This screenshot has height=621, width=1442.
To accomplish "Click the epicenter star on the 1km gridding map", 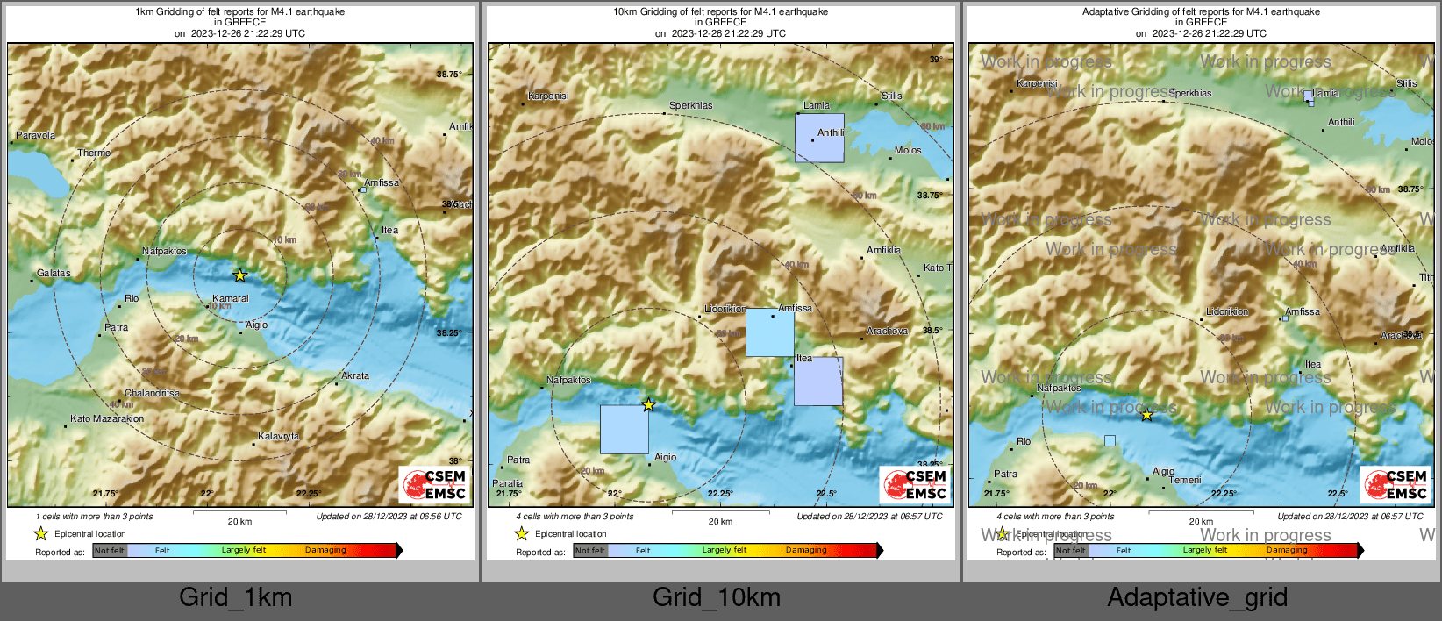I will pyautogui.click(x=239, y=275).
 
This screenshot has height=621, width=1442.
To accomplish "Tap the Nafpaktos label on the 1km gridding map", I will pyautogui.click(x=164, y=251).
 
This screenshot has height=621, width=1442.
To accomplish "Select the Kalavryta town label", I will pyautogui.click(x=278, y=436).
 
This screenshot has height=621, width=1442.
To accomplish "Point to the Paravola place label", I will pyautogui.click(x=36, y=135).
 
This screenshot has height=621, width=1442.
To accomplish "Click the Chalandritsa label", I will pyautogui.click(x=152, y=393).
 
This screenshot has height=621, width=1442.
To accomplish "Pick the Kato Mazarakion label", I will pyautogui.click(x=107, y=418).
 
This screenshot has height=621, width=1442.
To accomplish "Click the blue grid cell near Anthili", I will pyautogui.click(x=819, y=138).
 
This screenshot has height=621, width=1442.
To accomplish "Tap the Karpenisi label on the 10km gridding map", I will pyautogui.click(x=548, y=96).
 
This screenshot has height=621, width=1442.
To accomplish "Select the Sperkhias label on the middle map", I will pyautogui.click(x=691, y=105).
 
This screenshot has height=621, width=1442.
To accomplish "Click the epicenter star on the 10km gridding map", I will pyautogui.click(x=648, y=404).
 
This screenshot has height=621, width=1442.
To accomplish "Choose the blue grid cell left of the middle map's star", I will pyautogui.click(x=624, y=429).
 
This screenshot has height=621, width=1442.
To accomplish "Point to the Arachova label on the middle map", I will pyautogui.click(x=887, y=331).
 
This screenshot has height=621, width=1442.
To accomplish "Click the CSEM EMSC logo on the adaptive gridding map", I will pyautogui.click(x=1395, y=484).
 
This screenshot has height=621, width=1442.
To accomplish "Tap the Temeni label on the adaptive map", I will pyautogui.click(x=1185, y=480).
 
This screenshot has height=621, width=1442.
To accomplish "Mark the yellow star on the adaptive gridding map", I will pyautogui.click(x=1146, y=415).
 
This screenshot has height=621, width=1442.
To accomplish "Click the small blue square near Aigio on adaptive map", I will pyautogui.click(x=1110, y=440).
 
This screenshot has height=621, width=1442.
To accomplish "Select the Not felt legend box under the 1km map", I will pyautogui.click(x=110, y=551).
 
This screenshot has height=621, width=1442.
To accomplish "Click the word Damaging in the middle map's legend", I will pyautogui.click(x=806, y=550).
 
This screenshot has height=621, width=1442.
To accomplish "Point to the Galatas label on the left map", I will pyautogui.click(x=54, y=273).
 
